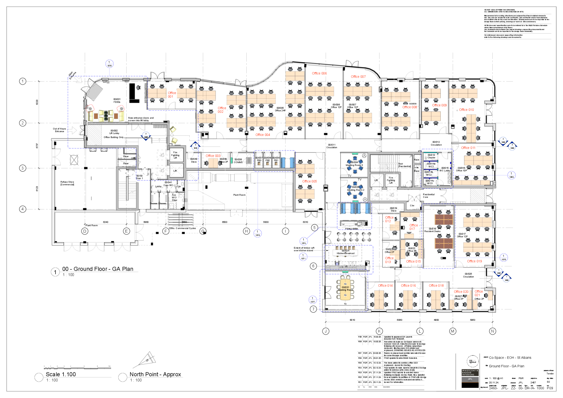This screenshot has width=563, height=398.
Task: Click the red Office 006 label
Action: tap(319, 73)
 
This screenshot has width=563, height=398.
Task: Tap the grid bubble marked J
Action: tap(325, 331)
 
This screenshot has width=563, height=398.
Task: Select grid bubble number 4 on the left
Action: tap(23, 209)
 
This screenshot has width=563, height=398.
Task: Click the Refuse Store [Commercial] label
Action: tap(67, 183)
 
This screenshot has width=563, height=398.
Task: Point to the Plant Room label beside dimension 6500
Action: tap(239, 195)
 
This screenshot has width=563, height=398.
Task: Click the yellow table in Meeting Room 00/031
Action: tap(345, 290)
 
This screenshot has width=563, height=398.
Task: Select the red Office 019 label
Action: tap(474, 261)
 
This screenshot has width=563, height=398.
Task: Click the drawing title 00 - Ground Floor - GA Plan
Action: tap(98, 269)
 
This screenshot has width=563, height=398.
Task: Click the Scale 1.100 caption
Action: tap(61, 374)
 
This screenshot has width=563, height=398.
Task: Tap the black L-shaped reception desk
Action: tap(134, 94)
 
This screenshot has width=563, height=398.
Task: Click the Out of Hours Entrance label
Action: tap(59, 130)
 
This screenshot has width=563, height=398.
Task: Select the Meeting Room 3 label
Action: tap(354, 165)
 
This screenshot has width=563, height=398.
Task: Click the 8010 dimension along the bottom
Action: tap(352, 320)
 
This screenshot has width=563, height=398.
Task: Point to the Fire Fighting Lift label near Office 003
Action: tap(175, 155)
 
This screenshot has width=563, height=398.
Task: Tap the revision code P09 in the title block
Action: tap(550, 388)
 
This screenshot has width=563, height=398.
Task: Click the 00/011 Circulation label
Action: tap(332, 146)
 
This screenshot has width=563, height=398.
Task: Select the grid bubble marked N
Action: tap(492, 331)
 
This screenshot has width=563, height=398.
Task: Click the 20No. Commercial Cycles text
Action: tap(182, 228)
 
